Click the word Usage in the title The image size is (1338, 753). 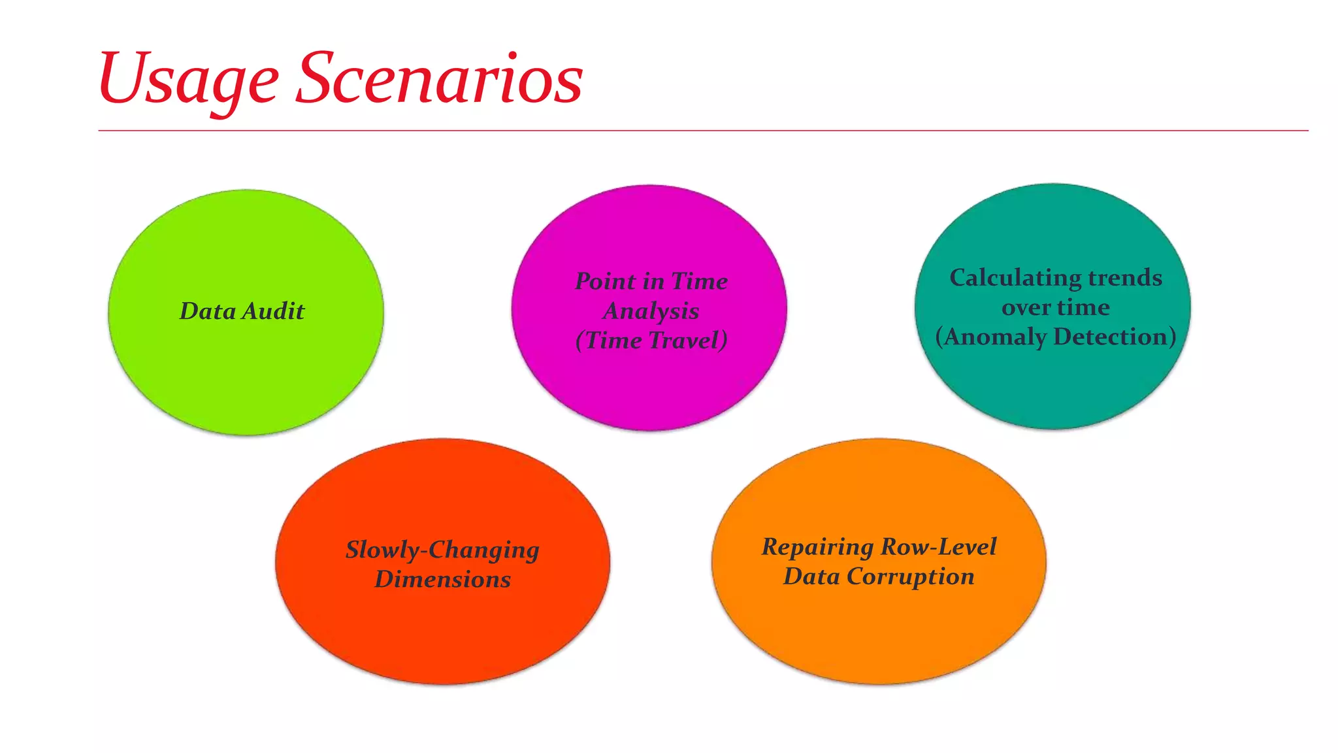[188, 80]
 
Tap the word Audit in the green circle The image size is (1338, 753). [273, 311]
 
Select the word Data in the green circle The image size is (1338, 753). [208, 311]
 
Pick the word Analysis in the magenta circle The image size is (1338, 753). [651, 311]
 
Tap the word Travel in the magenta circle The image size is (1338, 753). [688, 341]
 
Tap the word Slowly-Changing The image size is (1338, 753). [442, 550]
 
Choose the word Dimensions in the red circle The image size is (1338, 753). [442, 580]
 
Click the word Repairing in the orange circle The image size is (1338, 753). [817, 547]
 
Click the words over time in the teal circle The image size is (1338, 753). [1055, 308]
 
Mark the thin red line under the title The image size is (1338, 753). [703, 131]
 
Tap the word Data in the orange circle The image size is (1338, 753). [811, 577]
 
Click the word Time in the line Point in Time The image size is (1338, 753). [699, 282]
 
